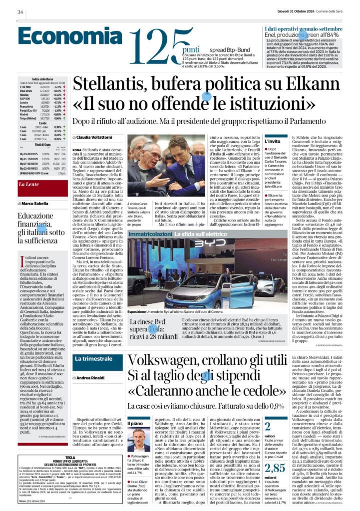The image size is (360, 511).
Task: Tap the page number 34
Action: [20, 12]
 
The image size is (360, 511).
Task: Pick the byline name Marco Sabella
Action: [35, 204]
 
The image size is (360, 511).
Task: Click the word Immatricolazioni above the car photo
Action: [148, 234]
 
